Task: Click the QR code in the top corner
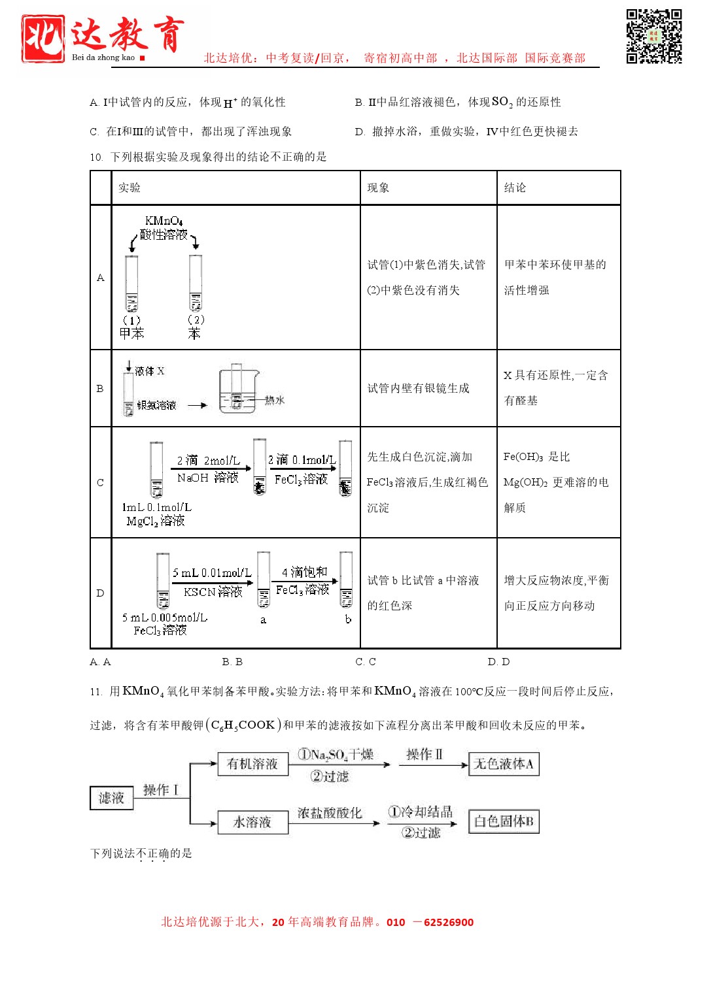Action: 653,36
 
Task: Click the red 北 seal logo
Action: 43,39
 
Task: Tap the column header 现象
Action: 378,188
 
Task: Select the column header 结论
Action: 515,188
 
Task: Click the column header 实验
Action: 130,188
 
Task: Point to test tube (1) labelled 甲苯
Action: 132,284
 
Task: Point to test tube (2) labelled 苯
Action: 196,282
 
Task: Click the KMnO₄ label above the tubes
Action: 164,221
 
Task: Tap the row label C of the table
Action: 100,483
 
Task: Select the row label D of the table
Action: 100,593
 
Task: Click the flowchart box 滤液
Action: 111,798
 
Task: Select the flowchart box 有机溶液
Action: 252,764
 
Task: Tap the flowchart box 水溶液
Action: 252,822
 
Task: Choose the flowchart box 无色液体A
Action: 504,764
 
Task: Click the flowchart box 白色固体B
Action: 504,821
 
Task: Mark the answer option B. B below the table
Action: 232,662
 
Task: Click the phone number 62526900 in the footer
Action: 448,923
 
